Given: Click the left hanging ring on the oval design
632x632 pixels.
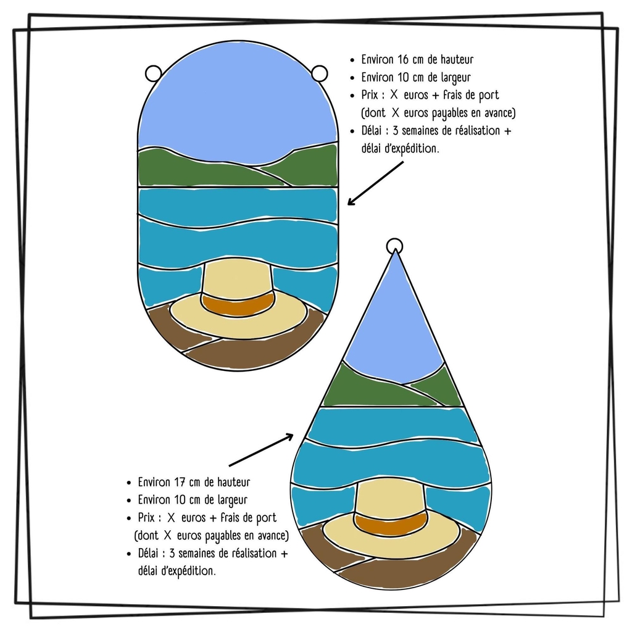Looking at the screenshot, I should [x=153, y=73].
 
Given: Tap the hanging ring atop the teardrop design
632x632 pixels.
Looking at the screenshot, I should [x=394, y=246].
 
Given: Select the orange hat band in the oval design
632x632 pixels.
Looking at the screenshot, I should [x=238, y=303].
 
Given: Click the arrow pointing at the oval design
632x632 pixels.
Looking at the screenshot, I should [x=375, y=183].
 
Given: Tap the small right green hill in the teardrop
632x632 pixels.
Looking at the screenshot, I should [x=440, y=386].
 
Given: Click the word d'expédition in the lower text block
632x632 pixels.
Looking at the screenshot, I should [x=177, y=571].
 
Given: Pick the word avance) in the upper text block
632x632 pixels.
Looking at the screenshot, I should [x=497, y=113].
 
